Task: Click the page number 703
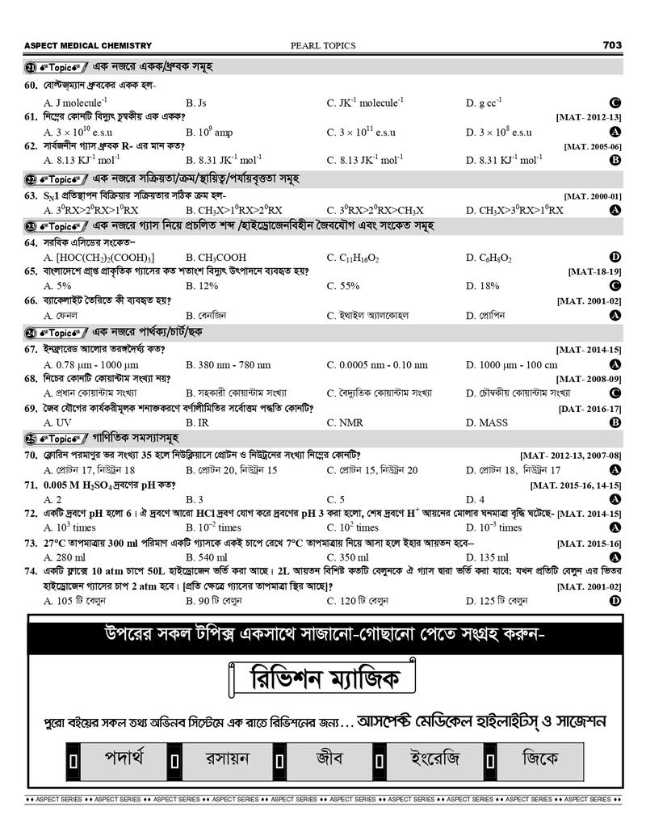point(611,45)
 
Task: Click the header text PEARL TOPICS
point(322,46)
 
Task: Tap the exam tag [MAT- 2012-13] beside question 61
point(588,117)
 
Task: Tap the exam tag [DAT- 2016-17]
point(589,409)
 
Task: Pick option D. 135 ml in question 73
point(487,557)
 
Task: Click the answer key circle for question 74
point(615,601)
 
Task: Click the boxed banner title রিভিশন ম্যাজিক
point(322,680)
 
